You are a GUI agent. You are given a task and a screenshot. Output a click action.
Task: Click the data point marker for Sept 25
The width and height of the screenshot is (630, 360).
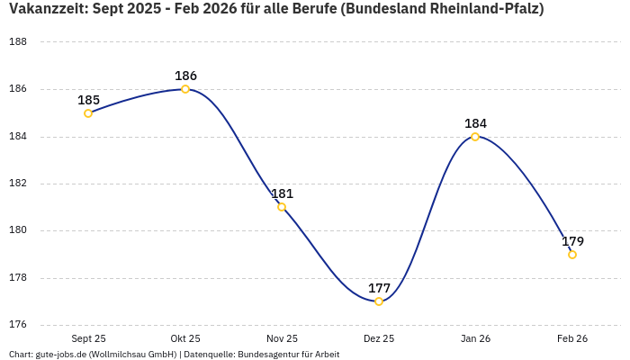coord(88,113)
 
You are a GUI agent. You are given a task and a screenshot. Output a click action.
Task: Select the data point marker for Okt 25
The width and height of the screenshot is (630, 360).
coord(185,89)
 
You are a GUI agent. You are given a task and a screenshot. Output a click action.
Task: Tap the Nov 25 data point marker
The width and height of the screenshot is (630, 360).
coord(282,207)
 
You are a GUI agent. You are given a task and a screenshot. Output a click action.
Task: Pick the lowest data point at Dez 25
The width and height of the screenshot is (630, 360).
coord(379,301)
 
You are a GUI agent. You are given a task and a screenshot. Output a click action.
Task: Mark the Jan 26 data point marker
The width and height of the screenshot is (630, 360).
coord(475,137)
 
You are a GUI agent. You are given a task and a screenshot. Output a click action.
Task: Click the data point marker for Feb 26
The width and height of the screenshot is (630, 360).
coord(572,255)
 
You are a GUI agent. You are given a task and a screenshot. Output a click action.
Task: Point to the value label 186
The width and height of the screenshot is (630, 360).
coord(185,76)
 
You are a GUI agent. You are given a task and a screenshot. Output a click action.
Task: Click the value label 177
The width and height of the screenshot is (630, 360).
coord(379,288)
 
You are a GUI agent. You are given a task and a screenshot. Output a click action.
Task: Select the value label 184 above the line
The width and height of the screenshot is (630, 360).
coord(475,123)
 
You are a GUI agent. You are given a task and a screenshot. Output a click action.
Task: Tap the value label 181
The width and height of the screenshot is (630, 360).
coord(282,193)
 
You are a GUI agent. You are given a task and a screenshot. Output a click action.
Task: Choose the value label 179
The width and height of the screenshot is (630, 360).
coord(572,241)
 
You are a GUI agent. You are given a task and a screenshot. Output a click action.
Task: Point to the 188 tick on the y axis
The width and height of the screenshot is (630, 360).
coord(17,42)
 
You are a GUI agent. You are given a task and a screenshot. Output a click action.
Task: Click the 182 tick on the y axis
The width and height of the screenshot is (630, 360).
coord(17,184)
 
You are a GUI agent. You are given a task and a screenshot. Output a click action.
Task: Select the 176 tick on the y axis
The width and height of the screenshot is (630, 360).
coord(17,325)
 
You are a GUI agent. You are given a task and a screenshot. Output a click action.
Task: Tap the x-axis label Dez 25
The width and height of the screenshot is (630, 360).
coord(379,339)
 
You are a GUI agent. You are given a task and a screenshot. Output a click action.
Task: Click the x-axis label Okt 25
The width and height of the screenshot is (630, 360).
coord(185,339)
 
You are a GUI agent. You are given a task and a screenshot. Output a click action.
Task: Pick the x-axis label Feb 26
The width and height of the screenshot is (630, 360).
coord(572,339)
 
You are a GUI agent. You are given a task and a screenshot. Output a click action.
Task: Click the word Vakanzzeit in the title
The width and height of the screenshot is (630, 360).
coord(45,9)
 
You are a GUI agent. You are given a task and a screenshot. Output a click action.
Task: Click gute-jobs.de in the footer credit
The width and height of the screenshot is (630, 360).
coord(61,355)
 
